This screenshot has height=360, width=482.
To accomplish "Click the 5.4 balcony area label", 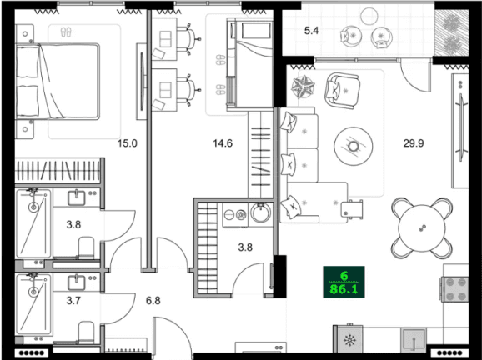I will (x=311, y=31).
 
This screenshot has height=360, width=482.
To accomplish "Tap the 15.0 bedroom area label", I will (x=126, y=143).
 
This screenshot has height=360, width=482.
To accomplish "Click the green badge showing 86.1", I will (x=344, y=283).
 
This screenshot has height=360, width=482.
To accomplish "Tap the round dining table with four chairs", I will (x=419, y=226).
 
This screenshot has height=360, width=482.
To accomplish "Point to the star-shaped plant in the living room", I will (x=301, y=86).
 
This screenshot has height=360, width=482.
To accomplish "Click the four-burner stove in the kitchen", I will (x=457, y=289).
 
